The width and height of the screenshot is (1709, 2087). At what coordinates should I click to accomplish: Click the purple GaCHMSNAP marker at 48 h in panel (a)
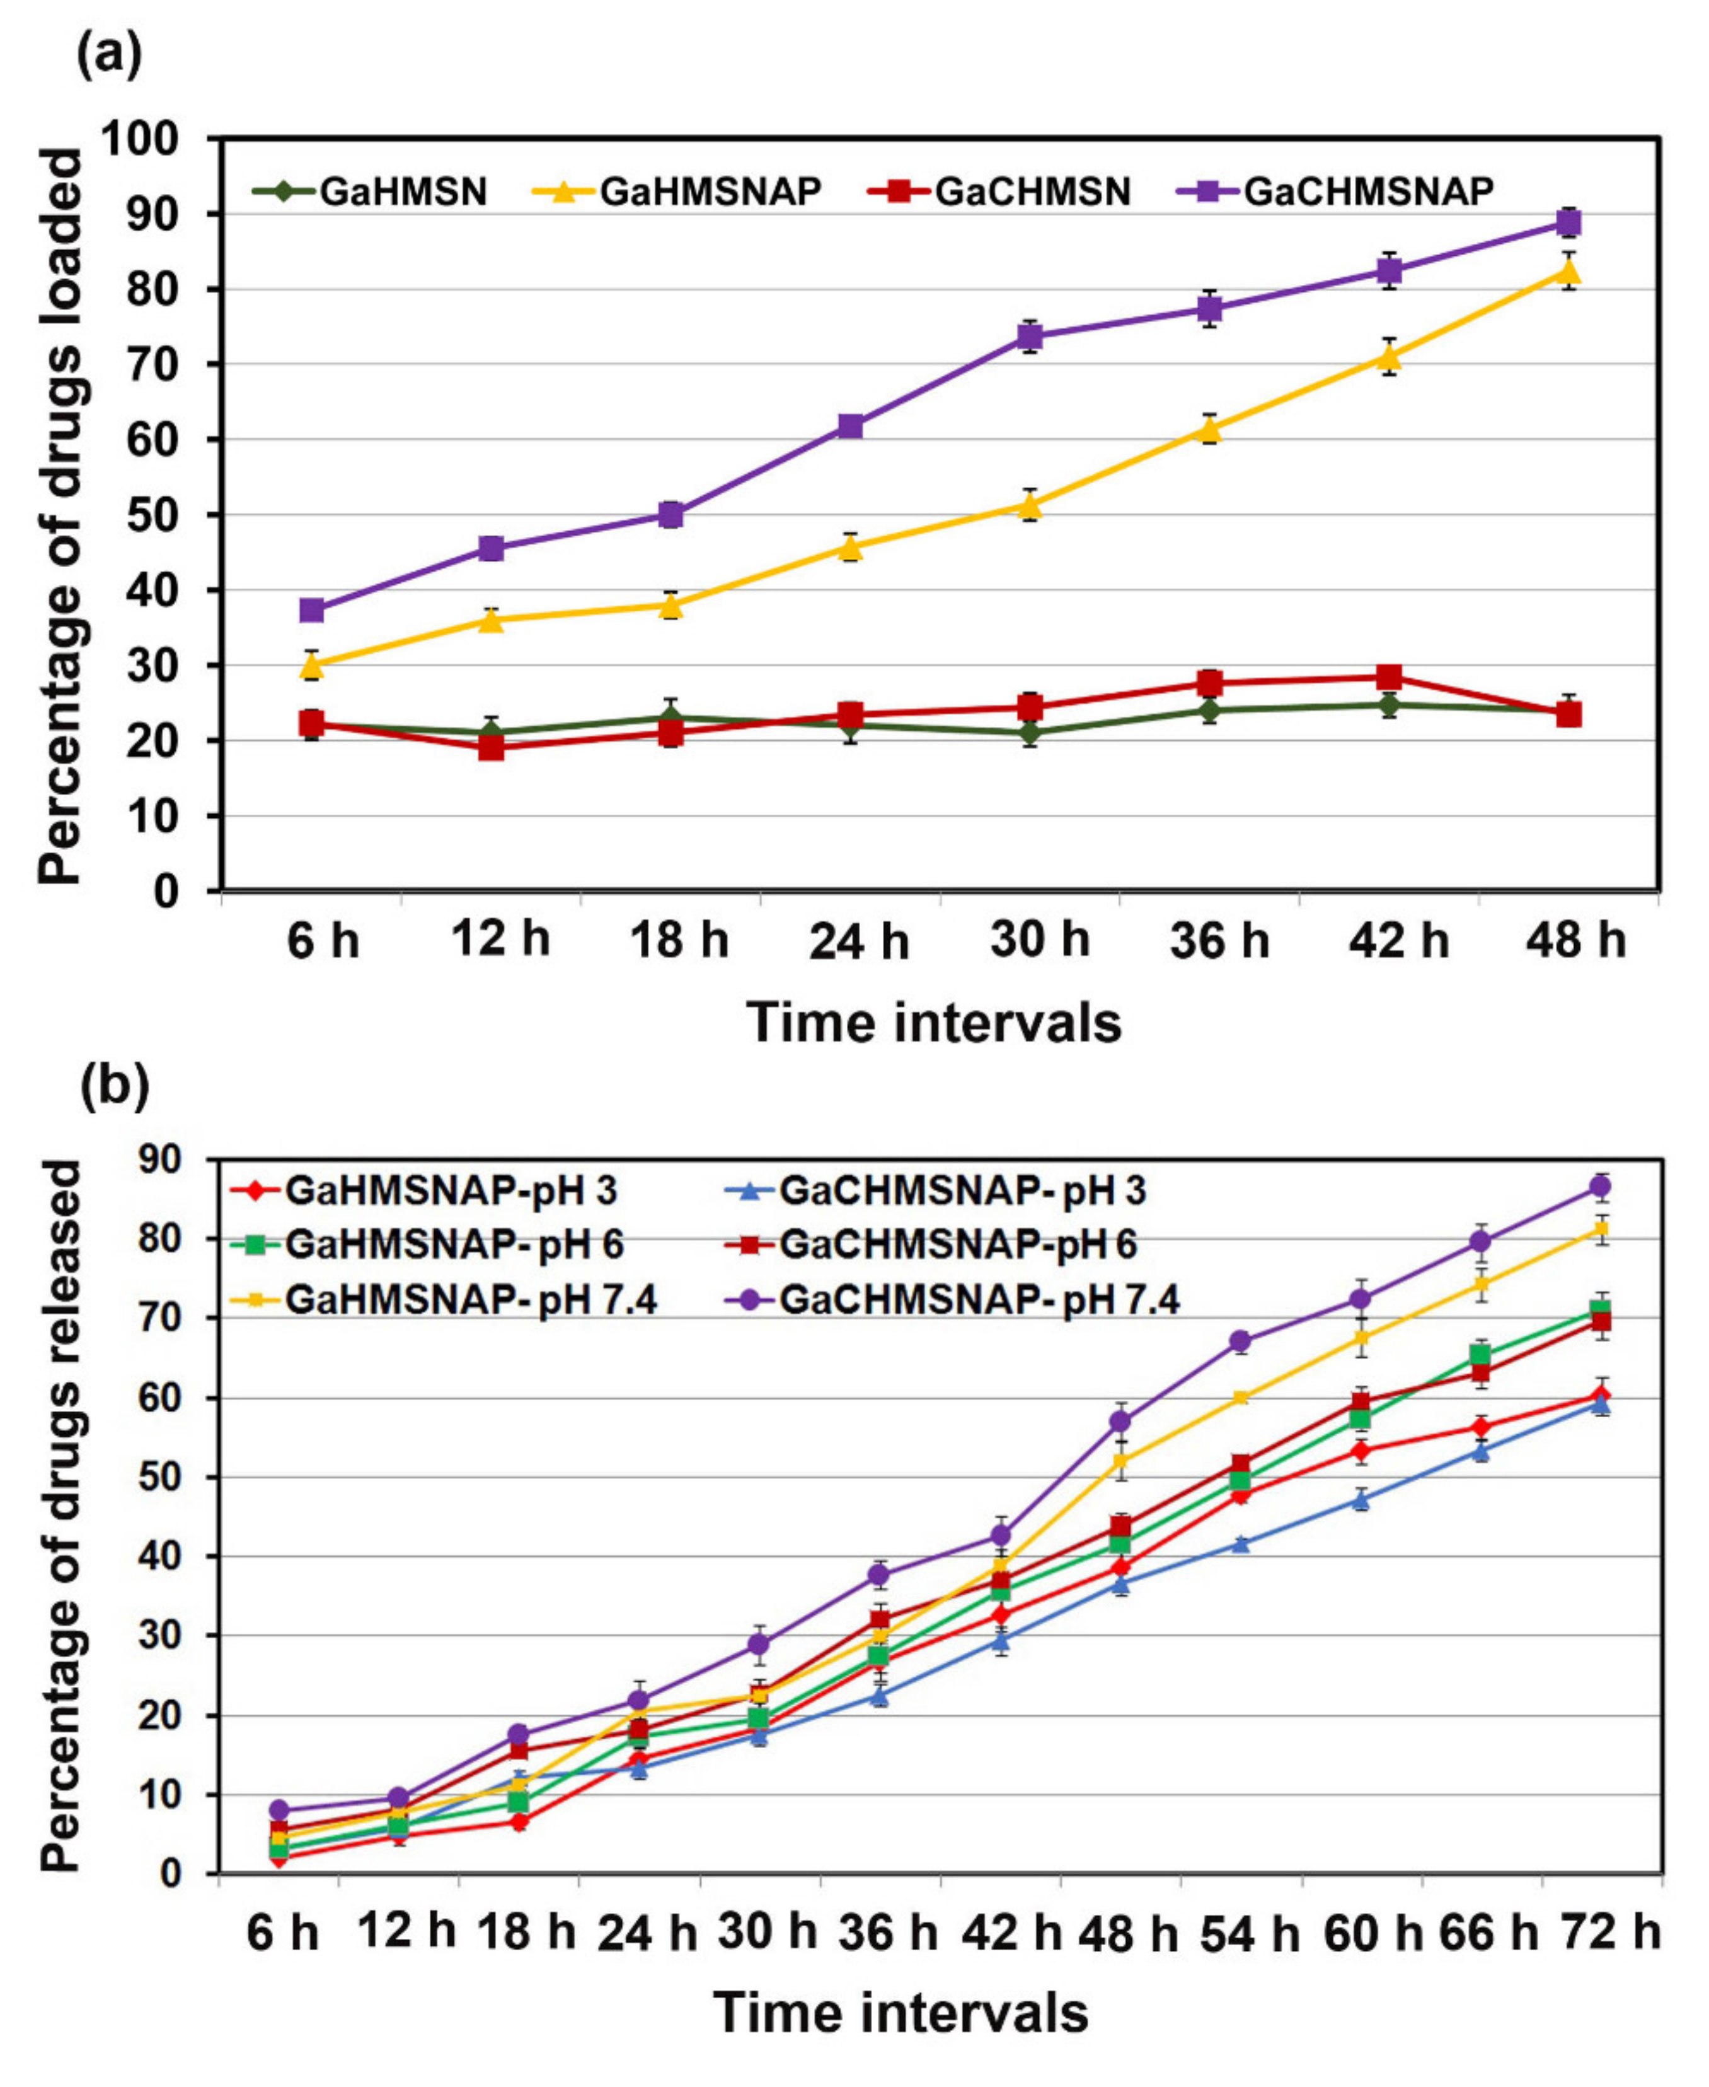click(x=1568, y=222)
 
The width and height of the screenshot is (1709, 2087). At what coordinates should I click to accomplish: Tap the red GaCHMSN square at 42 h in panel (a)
click(x=1389, y=676)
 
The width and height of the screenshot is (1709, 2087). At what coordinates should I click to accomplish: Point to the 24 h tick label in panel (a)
click(x=858, y=942)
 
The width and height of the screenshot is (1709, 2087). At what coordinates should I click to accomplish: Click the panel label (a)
click(x=109, y=55)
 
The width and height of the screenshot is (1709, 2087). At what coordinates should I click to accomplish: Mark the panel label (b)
click(x=114, y=1085)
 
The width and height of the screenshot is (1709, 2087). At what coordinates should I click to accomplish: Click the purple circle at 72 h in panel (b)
click(x=1601, y=1187)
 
